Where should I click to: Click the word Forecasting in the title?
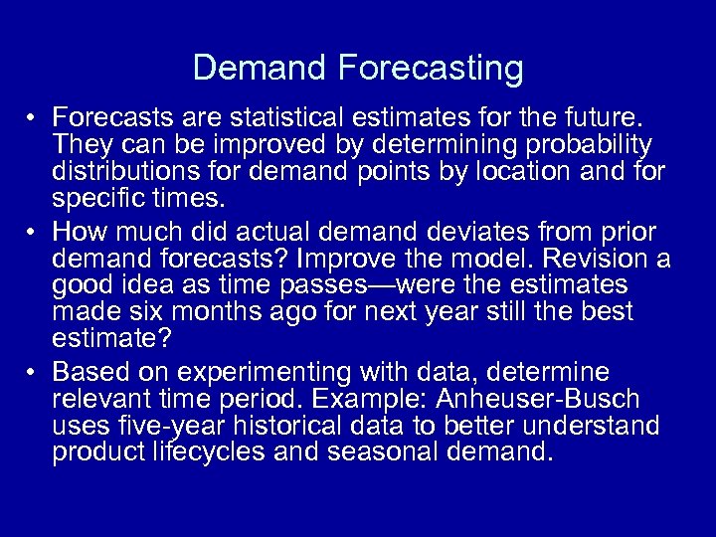(x=431, y=69)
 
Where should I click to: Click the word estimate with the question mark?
(x=111, y=338)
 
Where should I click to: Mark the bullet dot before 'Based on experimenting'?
(x=33, y=374)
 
